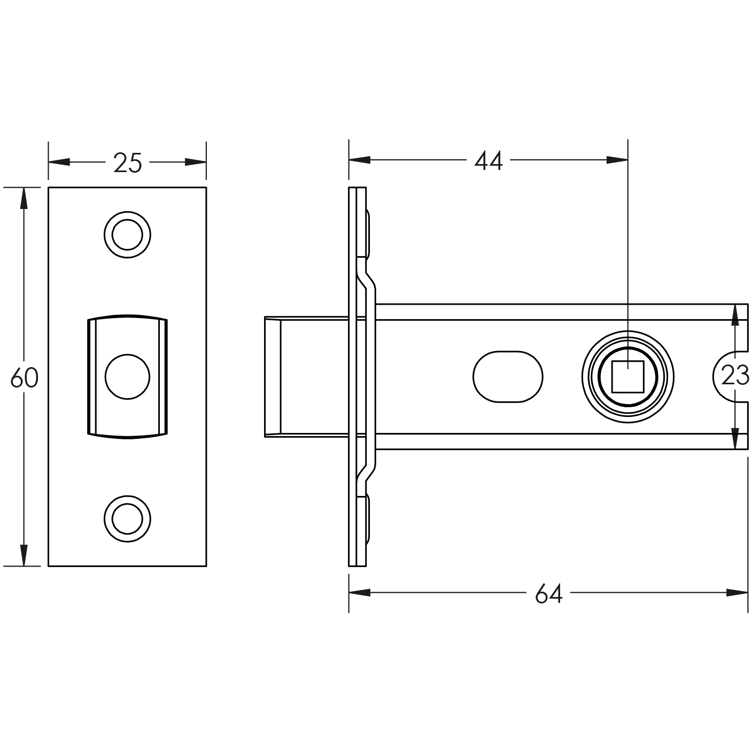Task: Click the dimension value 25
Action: pyautogui.click(x=128, y=162)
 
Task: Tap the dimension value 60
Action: pyautogui.click(x=24, y=378)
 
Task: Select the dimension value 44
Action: pyautogui.click(x=488, y=161)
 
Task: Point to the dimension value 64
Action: pyautogui.click(x=548, y=594)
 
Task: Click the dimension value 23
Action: pyautogui.click(x=735, y=375)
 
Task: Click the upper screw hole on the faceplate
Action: pyautogui.click(x=127, y=235)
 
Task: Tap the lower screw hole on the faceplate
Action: pyautogui.click(x=127, y=518)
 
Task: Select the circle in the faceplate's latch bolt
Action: pyautogui.click(x=127, y=377)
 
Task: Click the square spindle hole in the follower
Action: pyautogui.click(x=627, y=377)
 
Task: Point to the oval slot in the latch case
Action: pyautogui.click(x=508, y=377)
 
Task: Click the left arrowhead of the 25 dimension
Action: pyautogui.click(x=59, y=162)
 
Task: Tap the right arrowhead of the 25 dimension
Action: pyautogui.click(x=196, y=162)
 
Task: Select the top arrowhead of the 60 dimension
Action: pyautogui.click(x=24, y=198)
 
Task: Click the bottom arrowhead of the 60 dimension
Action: pyautogui.click(x=24, y=555)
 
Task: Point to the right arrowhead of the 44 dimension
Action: pyautogui.click(x=617, y=160)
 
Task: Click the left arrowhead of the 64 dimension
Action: pyautogui.click(x=359, y=593)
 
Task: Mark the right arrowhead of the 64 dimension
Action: pyautogui.click(x=737, y=593)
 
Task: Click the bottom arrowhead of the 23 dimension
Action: pyautogui.click(x=735, y=439)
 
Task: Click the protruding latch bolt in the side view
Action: pyautogui.click(x=306, y=377)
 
